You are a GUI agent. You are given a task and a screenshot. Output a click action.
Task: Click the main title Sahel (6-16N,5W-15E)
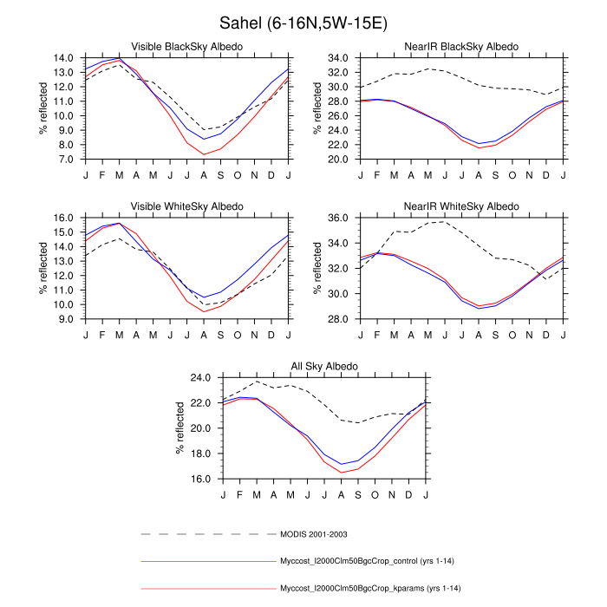click(x=303, y=20)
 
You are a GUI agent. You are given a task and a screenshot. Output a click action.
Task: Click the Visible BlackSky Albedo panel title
click(x=186, y=46)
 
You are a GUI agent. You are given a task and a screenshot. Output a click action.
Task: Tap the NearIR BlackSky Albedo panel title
click(x=462, y=46)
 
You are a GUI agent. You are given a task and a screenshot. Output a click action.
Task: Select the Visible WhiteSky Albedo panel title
click(x=186, y=206)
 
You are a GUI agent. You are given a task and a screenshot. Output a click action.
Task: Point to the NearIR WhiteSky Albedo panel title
click(x=462, y=206)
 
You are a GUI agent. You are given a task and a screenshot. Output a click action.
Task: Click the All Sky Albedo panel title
click(x=324, y=367)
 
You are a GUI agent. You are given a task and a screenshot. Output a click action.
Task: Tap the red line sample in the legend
click(x=206, y=591)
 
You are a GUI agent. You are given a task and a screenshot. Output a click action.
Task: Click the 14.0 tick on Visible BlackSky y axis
click(x=62, y=58)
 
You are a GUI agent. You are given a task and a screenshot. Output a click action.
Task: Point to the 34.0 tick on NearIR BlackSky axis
click(x=338, y=58)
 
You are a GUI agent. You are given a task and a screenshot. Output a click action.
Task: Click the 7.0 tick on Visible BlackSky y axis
click(x=66, y=160)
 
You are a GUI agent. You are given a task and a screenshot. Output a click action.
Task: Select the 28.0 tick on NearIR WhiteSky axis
click(x=338, y=320)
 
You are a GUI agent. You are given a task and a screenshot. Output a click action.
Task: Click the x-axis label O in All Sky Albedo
click(x=375, y=493)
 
